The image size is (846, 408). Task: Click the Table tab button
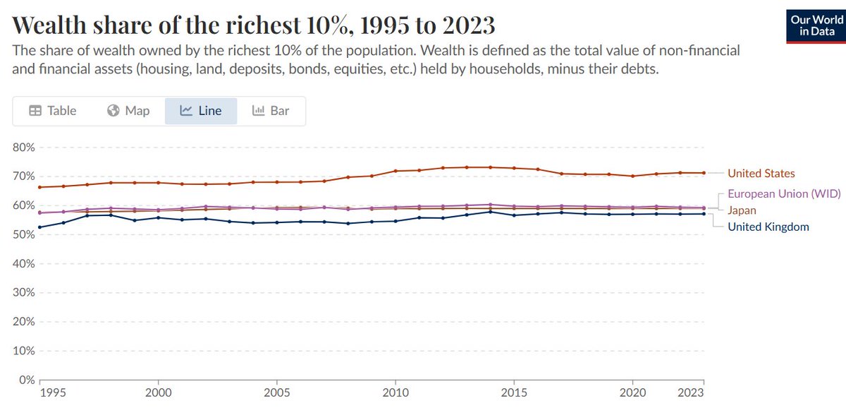53,111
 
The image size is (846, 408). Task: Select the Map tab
129,111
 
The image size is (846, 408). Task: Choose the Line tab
201,111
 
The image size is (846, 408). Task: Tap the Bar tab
271,111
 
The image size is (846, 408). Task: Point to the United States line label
761,173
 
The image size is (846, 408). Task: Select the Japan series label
743,210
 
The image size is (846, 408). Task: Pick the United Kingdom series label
768,227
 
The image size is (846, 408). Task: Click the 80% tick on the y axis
24,148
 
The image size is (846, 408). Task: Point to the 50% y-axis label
24,234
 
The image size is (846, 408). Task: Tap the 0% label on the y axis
27,380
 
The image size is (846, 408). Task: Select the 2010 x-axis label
396,392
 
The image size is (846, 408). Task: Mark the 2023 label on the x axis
691,392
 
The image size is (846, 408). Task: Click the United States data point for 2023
703,173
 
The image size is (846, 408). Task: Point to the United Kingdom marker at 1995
39,227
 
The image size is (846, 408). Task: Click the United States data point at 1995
39,187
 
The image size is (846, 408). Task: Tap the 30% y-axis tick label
24,292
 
